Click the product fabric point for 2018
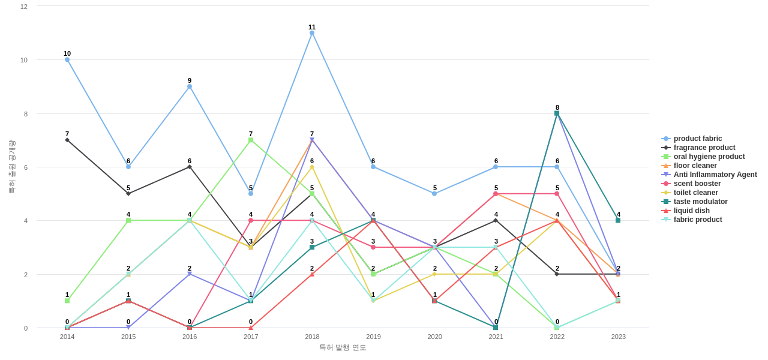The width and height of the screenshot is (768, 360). coord(312,33)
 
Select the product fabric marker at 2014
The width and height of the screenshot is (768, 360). coord(67,60)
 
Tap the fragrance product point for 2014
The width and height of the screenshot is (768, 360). coord(67,140)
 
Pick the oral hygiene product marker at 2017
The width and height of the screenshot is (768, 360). coord(251,140)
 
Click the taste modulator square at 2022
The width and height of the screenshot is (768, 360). coord(557,113)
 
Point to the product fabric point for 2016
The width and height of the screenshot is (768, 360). coord(190,86)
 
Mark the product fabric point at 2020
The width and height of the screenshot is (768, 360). coord(434,194)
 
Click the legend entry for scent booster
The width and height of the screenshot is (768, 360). coord(697,184)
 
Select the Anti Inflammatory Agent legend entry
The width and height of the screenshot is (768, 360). coord(715,175)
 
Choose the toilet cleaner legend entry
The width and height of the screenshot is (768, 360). coord(695,193)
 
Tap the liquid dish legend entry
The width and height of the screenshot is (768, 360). coord(691,211)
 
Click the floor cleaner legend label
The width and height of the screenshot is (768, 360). coord(695,166)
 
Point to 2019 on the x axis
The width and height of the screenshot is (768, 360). coord(373,337)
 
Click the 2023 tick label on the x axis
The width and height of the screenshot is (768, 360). coord(618,337)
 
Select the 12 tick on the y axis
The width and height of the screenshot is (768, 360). coord(24,7)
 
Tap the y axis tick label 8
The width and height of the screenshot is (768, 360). coord(24,114)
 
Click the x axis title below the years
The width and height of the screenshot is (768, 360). coord(343,347)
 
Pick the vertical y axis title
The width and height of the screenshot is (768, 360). coord(11,167)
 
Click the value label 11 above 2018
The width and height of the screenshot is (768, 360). coord(312,27)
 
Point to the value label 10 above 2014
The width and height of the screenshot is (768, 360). coord(67,53)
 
